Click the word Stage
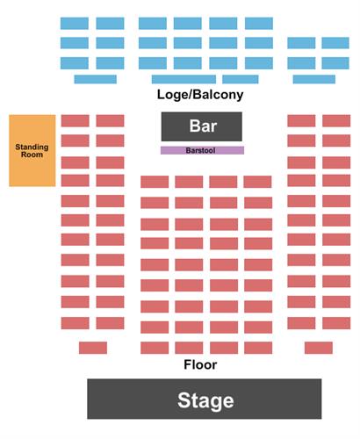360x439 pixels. point(205,400)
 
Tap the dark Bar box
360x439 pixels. point(202,126)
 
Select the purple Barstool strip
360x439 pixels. point(202,150)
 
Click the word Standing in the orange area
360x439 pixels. point(32,147)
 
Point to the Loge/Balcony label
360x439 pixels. point(200,95)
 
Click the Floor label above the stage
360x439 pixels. point(200,364)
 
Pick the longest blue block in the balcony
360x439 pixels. point(184,79)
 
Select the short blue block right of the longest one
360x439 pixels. point(241,79)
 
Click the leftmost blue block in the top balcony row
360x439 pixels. point(75,24)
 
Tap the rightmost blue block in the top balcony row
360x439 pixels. point(259,24)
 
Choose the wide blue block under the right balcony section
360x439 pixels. point(314,79)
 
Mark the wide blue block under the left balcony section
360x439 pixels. point(96,79)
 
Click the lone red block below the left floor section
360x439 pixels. point(93,348)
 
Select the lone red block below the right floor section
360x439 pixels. point(319,348)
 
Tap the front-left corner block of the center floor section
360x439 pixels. point(155,348)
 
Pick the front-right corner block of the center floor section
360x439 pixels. point(258,348)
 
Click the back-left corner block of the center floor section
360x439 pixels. point(155,182)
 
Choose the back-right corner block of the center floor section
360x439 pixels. point(257,182)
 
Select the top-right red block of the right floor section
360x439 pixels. point(336,121)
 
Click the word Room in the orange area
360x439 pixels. point(32,155)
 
